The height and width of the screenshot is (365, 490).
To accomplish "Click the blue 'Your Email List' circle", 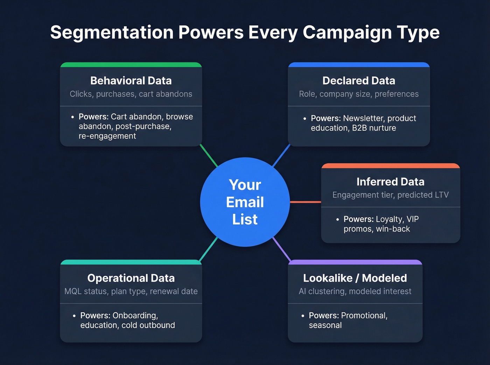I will click(x=245, y=202).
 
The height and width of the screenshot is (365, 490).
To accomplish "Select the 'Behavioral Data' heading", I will click(x=131, y=81).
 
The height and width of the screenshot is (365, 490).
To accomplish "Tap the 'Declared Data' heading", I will click(x=359, y=81).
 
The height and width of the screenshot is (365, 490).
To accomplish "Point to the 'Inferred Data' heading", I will click(x=390, y=182).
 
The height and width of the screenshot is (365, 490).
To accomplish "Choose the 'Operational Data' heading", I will click(x=131, y=278).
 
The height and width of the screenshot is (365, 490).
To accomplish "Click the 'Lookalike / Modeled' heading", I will click(x=355, y=278).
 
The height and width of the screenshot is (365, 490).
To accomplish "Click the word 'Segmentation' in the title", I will click(x=112, y=32).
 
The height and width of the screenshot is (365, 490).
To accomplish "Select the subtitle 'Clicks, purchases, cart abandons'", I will click(x=131, y=94).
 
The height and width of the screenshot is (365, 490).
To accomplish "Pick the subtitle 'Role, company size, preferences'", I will click(x=359, y=94).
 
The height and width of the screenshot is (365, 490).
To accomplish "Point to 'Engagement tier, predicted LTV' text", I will click(x=390, y=195).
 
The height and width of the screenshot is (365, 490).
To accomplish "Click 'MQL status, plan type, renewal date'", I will click(x=131, y=291).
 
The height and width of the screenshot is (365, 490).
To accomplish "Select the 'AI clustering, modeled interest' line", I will click(x=355, y=291).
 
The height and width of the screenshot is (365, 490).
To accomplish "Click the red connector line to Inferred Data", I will click(x=305, y=202).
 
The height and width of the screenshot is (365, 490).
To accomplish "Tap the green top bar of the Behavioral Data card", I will click(x=131, y=65).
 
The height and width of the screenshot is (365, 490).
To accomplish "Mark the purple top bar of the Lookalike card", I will click(x=355, y=262).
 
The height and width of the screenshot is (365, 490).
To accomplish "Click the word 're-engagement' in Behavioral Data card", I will click(x=107, y=136).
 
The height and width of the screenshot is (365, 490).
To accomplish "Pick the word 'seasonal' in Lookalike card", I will click(x=325, y=325).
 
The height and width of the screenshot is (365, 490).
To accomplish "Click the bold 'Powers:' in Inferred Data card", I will click(x=358, y=219).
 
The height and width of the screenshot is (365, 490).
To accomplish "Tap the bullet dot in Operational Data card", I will click(x=74, y=316).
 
